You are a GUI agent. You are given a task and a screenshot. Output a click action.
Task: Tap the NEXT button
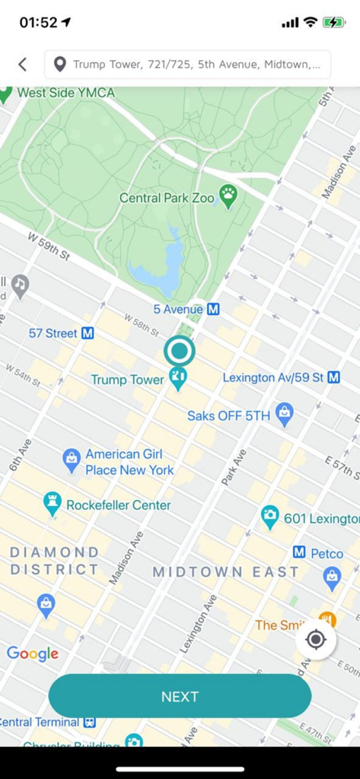[180, 696]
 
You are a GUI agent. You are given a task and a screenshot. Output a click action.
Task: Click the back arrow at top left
[22, 65]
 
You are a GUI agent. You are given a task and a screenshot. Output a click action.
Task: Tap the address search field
[196, 65]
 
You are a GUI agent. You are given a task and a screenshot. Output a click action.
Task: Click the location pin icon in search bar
[59, 65]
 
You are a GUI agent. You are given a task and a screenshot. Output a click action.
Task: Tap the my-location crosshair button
[316, 640]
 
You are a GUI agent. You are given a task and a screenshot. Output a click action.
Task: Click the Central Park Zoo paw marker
[228, 196]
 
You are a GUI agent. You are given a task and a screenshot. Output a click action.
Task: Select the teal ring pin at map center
[180, 351]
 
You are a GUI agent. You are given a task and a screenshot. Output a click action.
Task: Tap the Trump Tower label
[127, 379]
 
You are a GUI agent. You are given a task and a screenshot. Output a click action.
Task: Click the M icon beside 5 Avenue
[214, 310]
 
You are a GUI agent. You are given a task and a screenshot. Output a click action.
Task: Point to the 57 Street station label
[53, 333]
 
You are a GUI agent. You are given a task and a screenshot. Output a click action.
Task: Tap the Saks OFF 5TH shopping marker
[285, 414]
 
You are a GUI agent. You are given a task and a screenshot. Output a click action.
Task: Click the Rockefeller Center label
[118, 504]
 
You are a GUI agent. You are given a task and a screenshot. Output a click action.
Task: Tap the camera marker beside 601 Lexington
[269, 516]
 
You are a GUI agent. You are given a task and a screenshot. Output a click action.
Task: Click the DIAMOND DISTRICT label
[54, 561]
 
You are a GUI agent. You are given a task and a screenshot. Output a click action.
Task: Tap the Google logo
[33, 653]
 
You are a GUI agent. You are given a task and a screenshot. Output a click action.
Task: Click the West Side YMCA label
[65, 93]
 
